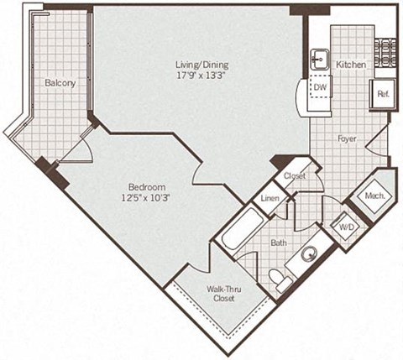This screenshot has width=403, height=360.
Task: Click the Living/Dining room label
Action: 201,65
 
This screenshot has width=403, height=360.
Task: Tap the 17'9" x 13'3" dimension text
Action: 201,76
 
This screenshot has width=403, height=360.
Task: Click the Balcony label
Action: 60,83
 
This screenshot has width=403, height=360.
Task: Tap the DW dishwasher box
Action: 320,86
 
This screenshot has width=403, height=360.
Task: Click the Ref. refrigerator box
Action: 383,93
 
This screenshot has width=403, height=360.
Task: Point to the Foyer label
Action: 348,138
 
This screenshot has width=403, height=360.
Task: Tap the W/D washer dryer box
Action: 344,227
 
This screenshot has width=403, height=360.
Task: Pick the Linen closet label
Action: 270,199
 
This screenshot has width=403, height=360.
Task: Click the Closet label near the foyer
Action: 294,176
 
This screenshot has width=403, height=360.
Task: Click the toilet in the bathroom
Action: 283,282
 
